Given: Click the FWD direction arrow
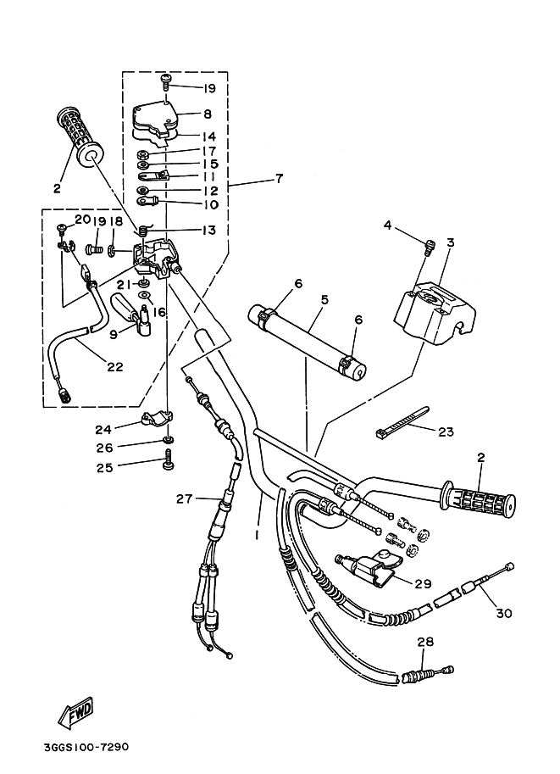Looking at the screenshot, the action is (75, 713).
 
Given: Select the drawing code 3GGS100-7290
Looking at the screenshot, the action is (86, 747).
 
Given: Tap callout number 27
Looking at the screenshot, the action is (184, 499).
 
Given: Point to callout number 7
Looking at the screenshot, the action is (280, 178).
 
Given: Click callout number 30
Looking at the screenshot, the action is (504, 613).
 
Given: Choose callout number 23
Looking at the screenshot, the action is (446, 432).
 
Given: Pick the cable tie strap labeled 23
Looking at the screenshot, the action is (402, 422).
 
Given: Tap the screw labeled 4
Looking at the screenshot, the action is (430, 247).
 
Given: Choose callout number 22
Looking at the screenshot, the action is (114, 367).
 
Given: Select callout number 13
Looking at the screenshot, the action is (209, 230).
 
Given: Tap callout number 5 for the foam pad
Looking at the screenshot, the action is (324, 299).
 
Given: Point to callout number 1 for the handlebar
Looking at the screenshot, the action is (257, 535).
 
